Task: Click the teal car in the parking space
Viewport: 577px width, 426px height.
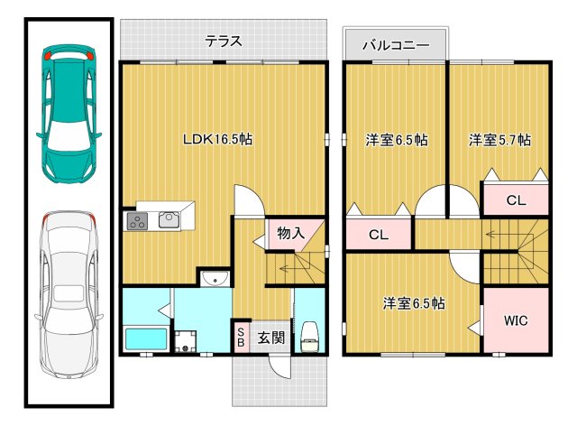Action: click(x=68, y=112)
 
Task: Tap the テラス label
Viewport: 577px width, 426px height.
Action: click(x=223, y=42)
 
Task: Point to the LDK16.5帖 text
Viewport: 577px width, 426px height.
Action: click(x=216, y=140)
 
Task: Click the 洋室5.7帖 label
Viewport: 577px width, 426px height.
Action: click(x=499, y=141)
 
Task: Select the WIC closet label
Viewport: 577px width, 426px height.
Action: click(x=516, y=319)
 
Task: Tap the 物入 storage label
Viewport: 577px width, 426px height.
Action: click(x=290, y=233)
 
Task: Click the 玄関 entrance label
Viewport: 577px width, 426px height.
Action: click(x=271, y=338)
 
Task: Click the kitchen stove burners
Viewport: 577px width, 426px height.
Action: click(x=138, y=219)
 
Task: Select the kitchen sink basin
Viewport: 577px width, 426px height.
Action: click(x=169, y=218)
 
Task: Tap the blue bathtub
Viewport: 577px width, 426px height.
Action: click(x=144, y=340)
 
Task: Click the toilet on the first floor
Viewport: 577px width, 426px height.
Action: click(x=309, y=336)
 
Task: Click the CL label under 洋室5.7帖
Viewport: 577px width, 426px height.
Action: click(x=515, y=200)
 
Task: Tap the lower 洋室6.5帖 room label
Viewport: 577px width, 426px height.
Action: click(x=411, y=304)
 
